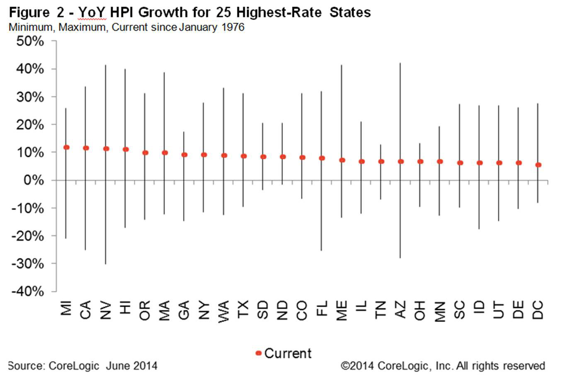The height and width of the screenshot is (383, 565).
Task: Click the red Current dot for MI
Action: [x=66, y=147]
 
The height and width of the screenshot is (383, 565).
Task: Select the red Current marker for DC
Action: [x=538, y=165]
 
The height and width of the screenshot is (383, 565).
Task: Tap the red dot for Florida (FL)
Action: [x=322, y=158]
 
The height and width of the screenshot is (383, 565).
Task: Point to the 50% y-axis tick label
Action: [x=30, y=41]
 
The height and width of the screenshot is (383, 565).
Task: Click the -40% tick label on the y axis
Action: [x=28, y=291]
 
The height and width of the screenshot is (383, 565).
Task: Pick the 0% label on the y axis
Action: [x=34, y=180]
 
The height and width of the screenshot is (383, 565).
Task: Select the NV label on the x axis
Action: [x=106, y=310]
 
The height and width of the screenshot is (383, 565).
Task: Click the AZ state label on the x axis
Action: [x=400, y=310]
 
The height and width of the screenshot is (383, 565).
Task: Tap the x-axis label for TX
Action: [x=243, y=310]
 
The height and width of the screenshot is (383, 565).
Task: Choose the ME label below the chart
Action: [x=342, y=310]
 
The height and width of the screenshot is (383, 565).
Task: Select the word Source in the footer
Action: [x=26, y=366]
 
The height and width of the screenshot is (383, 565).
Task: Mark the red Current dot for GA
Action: [x=184, y=155]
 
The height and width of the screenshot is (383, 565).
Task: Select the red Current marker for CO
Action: [x=302, y=158]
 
